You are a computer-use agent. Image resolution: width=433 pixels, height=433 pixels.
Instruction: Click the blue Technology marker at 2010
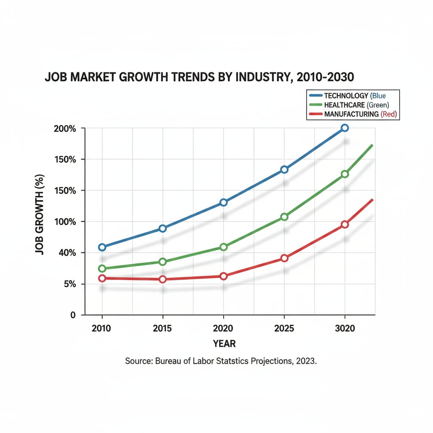102,247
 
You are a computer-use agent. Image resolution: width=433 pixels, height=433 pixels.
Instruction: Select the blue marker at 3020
345,128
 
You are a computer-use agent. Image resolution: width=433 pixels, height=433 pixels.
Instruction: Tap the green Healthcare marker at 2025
284,217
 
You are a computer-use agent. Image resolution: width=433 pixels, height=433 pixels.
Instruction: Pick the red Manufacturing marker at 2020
224,276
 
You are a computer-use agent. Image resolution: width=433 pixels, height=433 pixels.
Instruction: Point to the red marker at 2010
102,278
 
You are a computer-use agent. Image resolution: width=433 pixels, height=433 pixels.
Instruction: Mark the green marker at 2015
162,262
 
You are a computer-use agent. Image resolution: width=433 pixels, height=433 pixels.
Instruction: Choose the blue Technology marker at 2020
224,203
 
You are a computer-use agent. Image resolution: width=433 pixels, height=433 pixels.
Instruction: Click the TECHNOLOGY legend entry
347,96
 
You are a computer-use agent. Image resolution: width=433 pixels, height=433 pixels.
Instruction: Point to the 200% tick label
65,128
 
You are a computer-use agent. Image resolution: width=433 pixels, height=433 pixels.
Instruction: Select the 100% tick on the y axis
65,222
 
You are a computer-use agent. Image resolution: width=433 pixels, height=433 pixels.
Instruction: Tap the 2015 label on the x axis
162,328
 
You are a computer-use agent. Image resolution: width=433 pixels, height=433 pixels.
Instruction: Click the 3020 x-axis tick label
345,328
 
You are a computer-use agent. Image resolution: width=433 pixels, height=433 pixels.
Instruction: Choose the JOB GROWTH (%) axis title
39,222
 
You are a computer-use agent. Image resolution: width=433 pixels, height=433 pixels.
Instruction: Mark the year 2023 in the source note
306,362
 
